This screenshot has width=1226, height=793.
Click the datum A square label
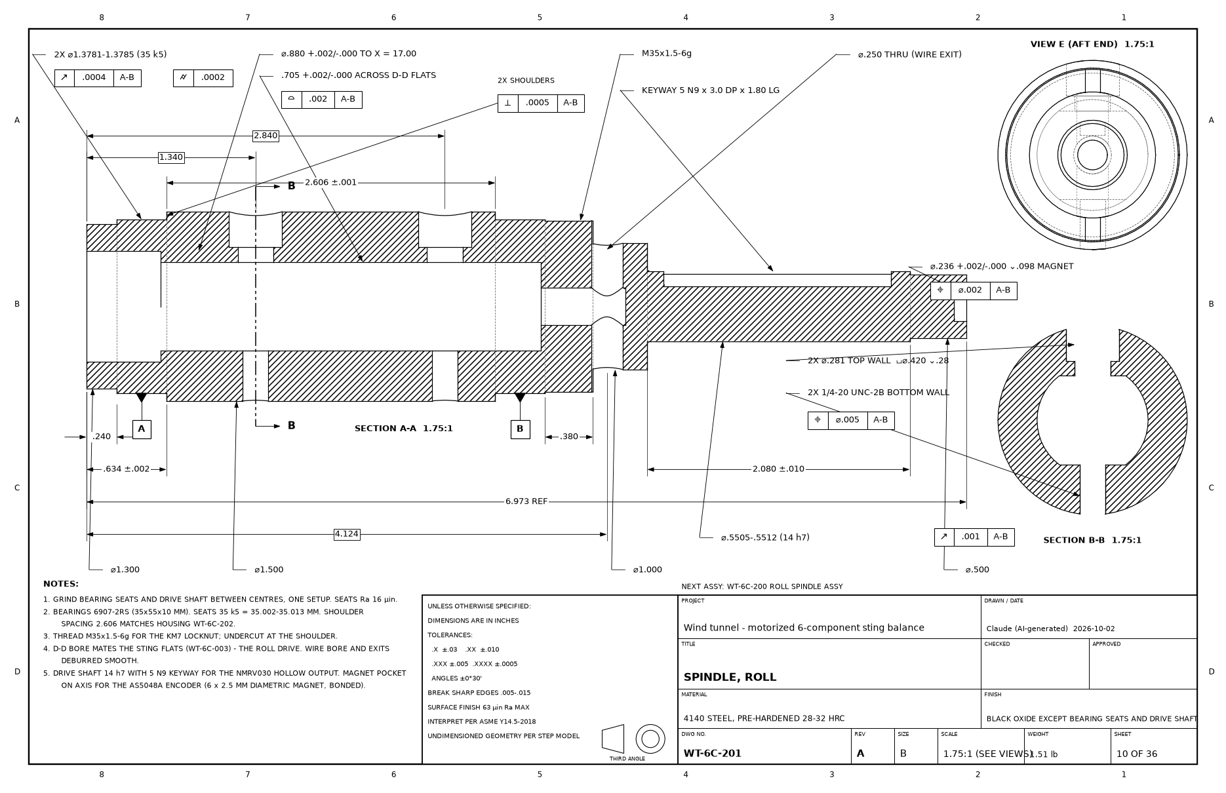tap(142, 429)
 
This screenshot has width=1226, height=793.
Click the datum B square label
tap(520, 429)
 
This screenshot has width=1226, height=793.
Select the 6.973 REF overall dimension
tap(526, 502)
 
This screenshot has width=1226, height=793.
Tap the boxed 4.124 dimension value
tap(347, 535)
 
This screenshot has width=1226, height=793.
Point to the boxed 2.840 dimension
tap(266, 136)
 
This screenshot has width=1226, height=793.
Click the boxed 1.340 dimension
tap(171, 158)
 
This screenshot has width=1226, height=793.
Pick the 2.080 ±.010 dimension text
tap(778, 469)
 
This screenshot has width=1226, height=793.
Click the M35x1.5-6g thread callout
tap(666, 54)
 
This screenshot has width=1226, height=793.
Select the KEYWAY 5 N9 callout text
tap(711, 90)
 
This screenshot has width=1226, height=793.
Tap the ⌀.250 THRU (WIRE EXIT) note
tap(909, 54)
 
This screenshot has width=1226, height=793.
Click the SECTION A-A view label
tap(404, 429)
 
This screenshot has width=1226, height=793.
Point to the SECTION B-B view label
tap(1092, 541)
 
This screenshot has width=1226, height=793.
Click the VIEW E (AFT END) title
tap(1092, 45)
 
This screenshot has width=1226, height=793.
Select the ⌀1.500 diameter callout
tap(269, 570)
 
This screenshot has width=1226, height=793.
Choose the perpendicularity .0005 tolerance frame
tap(541, 104)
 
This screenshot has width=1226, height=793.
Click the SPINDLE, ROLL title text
tap(730, 678)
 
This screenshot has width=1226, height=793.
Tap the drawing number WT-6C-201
tap(712, 754)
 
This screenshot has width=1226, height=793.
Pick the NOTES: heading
tap(61, 584)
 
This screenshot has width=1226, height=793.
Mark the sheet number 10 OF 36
tap(1137, 754)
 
